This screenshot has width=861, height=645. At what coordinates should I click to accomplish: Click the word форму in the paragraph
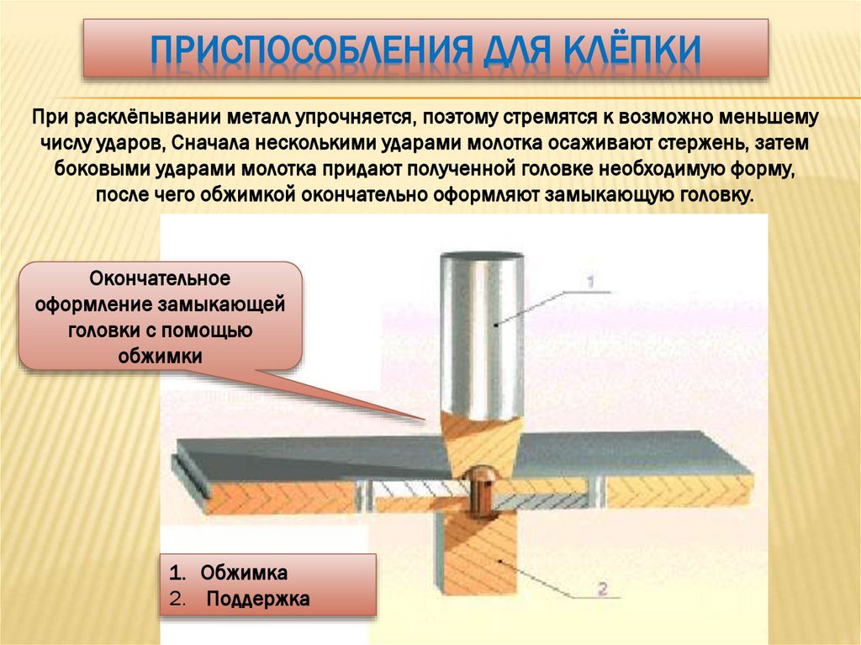(760, 167)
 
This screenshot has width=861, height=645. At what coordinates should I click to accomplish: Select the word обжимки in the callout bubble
(160, 356)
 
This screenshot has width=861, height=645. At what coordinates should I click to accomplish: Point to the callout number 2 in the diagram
(600, 588)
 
